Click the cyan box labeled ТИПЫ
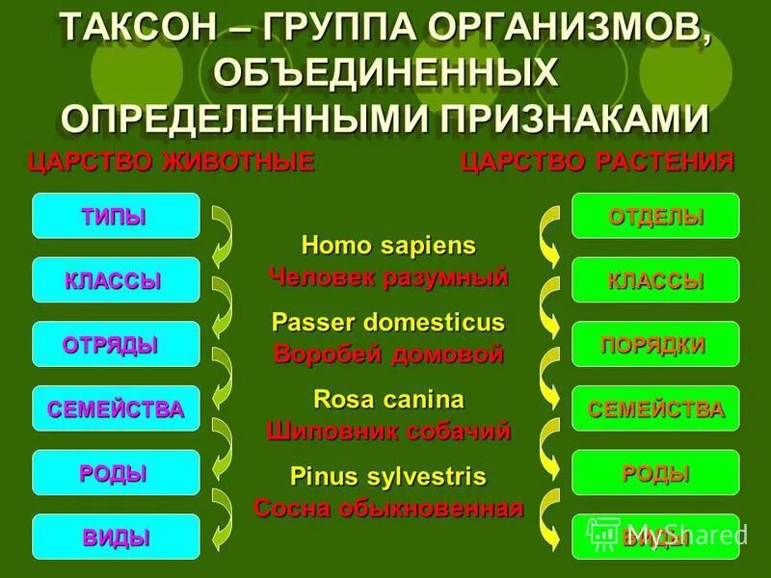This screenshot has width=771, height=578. tap(116, 216)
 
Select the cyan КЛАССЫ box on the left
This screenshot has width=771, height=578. tap(116, 280)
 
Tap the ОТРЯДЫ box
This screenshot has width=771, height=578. tap(116, 344)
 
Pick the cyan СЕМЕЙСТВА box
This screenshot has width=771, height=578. tap(116, 408)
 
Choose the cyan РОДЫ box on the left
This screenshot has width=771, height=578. tap(116, 473)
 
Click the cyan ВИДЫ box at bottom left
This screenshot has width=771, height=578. tap(116, 538)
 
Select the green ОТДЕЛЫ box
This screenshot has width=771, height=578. tap(655, 216)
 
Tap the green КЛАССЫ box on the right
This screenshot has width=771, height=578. tap(655, 280)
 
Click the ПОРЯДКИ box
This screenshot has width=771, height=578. tap(655, 344)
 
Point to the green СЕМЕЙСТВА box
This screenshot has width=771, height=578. tap(655, 408)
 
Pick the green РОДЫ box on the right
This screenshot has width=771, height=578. tap(655, 473)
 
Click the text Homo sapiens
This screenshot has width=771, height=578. tap(388, 246)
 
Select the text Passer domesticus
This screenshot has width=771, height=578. tap(388, 322)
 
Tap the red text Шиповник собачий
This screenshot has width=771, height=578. tap(388, 431)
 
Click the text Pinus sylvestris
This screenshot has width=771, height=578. tap(388, 476)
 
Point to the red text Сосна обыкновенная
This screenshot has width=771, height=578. tap(388, 508)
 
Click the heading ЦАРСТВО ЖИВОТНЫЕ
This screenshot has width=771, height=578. tap(172, 161)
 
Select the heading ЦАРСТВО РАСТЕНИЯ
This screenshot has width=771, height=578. tap(598, 161)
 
